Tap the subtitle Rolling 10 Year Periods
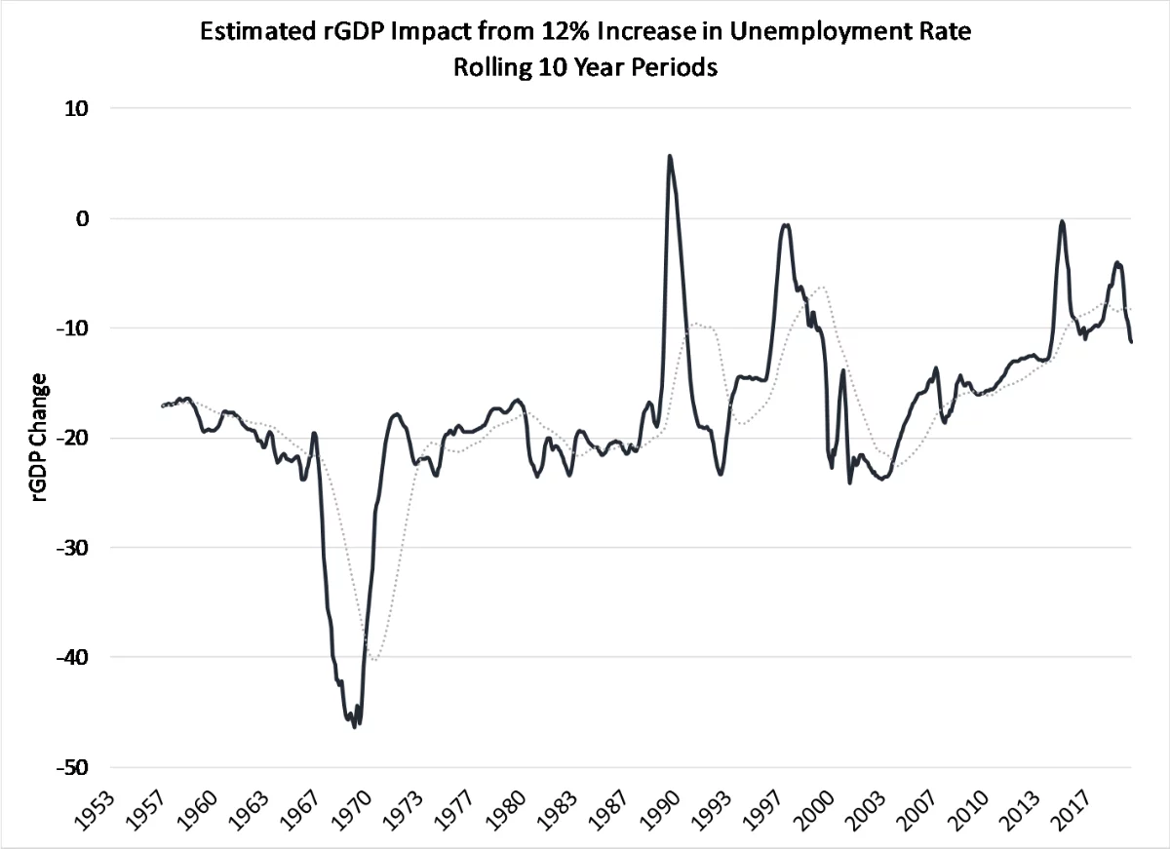pos(585,69)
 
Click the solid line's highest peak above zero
pos(669,156)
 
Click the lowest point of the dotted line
pos(373,660)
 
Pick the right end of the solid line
pos(1131,342)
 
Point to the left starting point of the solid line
pos(162,405)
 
